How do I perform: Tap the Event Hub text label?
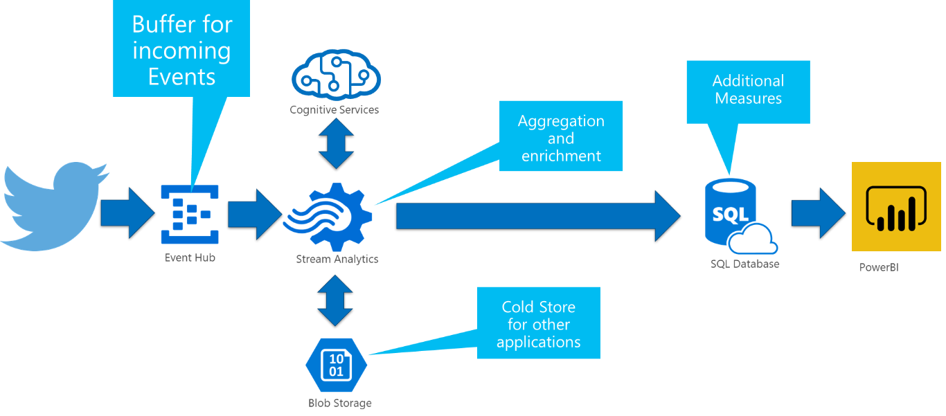(190, 258)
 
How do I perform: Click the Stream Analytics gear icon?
(329, 217)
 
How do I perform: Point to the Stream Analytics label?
(337, 260)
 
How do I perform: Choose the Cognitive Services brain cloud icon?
(336, 76)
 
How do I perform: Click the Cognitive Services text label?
(334, 109)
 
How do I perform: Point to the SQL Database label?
(744, 264)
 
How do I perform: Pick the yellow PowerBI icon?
(896, 206)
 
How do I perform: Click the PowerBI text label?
(879, 267)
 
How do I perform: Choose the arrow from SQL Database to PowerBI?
(817, 213)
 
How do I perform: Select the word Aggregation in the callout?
(561, 121)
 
